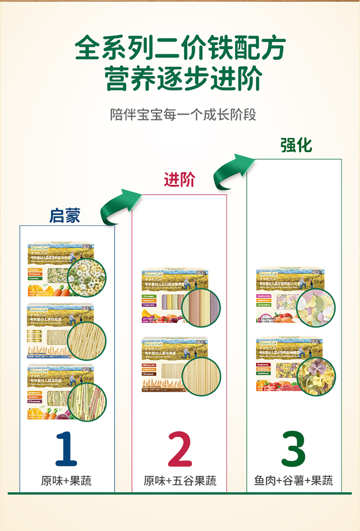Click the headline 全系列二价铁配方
coord(180,48)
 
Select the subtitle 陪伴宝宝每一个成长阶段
coord(183,115)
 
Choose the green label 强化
coord(296,144)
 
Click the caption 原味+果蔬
coord(66,481)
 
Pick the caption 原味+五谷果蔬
coord(180,481)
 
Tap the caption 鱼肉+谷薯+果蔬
coord(293,481)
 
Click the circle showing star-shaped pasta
coord(87,278)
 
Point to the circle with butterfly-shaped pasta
coord(316,376)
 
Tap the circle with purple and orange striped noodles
coord(202,308)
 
